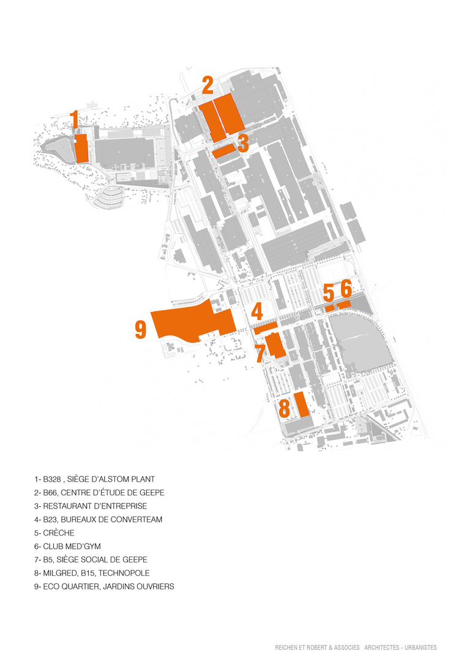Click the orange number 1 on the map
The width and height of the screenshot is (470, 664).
(x=75, y=119)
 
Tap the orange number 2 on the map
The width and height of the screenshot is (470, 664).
(x=207, y=84)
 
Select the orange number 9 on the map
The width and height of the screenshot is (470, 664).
(x=141, y=330)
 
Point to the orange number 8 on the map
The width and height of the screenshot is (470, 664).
(x=284, y=407)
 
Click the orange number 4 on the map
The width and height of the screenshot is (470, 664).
(x=257, y=311)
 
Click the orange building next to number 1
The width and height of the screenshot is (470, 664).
(x=81, y=149)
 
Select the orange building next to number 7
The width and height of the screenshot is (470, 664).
(x=275, y=345)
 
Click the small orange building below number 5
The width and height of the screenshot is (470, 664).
(x=330, y=308)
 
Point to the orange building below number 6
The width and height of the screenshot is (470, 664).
(x=344, y=304)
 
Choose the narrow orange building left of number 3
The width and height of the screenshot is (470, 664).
(x=224, y=150)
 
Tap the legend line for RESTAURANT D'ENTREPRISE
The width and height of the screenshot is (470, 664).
(x=91, y=506)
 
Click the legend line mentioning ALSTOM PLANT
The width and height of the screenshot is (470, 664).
(x=94, y=479)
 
